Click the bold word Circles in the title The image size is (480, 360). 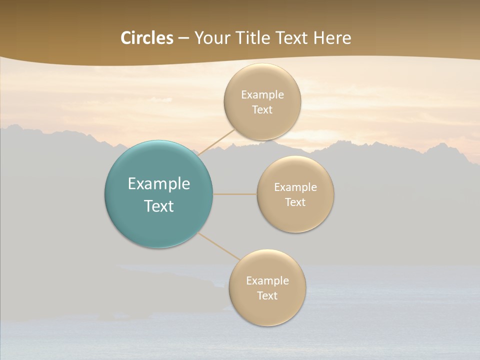147,38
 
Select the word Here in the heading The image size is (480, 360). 332,38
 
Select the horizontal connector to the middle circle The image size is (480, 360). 234,194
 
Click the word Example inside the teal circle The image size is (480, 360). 158,184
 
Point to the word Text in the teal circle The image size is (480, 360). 158,206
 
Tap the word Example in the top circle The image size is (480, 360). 262,95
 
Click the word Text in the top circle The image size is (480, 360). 262,109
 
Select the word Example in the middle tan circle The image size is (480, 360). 295,187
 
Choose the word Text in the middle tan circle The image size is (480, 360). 295,202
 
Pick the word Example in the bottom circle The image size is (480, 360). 267,281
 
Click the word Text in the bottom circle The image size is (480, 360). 267,295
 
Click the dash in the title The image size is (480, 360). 183,38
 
